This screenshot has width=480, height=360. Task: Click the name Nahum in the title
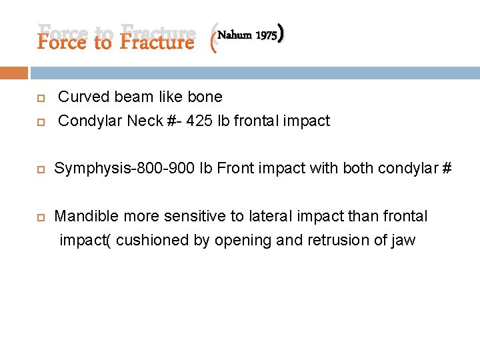(x=235, y=35)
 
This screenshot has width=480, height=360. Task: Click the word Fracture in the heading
(x=157, y=42)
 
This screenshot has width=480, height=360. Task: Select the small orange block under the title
(x=14, y=73)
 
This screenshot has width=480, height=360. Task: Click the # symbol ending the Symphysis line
(x=446, y=169)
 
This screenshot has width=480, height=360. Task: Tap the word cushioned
(x=153, y=240)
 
